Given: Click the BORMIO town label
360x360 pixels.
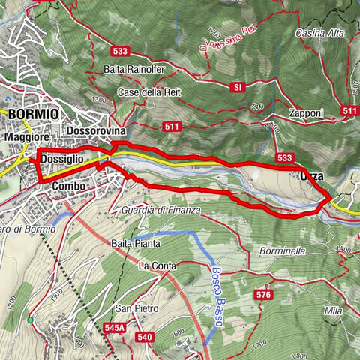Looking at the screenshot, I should pos(33,113).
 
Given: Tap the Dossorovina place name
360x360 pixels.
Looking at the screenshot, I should pos(97,130).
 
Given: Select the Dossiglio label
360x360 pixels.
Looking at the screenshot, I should pos(62,160).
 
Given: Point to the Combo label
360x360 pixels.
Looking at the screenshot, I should pos(69,185).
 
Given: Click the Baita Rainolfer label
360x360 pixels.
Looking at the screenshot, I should pos(139,70).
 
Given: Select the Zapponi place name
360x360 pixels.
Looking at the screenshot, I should pos(304,112).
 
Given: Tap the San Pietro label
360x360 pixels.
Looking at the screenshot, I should pos(134,308).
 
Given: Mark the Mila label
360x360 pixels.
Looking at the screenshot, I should pos(332,309).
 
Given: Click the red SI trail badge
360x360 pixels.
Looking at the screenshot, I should pos(238,87).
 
